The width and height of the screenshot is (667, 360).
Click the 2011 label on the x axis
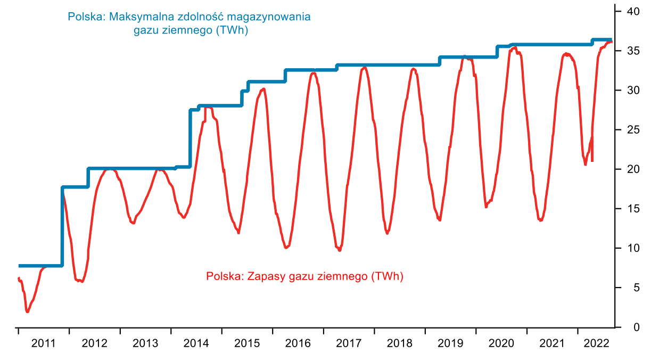[x=43, y=343]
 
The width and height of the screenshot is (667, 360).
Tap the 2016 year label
[x=298, y=343]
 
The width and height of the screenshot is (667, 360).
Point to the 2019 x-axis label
[x=450, y=343]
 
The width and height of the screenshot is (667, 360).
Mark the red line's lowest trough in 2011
[x=27, y=312]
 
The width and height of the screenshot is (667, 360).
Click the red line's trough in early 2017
[x=340, y=250]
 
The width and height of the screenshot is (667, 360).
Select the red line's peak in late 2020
[x=514, y=48]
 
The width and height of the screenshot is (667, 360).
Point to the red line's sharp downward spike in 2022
[x=592, y=160]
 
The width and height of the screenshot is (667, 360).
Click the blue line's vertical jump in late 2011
[x=62, y=226]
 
